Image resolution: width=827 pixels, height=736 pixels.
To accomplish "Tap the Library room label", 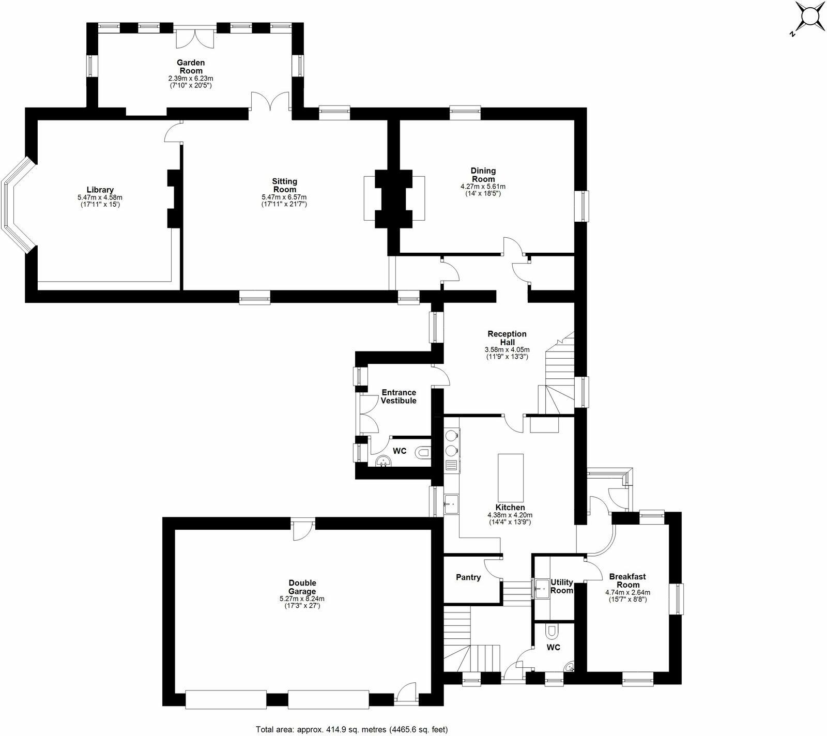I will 100,190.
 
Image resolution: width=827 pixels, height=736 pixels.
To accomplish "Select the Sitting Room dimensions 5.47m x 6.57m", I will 284,197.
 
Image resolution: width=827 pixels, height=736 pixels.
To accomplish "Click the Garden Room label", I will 191,67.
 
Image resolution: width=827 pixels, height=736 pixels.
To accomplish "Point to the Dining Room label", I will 483,175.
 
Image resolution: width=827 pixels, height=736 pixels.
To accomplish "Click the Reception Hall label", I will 507,338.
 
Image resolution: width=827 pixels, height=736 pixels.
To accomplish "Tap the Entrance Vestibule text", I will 398,396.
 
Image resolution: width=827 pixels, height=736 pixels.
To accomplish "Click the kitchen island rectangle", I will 510,474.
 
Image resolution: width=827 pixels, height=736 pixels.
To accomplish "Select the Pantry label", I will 468,577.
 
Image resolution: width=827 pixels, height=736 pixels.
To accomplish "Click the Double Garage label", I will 302,587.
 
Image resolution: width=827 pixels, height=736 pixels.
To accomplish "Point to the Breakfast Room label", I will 627,580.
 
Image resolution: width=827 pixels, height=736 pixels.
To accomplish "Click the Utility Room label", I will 562,586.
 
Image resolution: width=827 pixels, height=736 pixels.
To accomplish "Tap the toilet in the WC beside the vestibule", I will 423,453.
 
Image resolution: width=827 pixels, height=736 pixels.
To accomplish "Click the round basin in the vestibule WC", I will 382,461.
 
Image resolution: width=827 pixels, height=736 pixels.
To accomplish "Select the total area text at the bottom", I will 351,729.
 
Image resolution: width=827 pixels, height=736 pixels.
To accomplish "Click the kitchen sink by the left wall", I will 450,502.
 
